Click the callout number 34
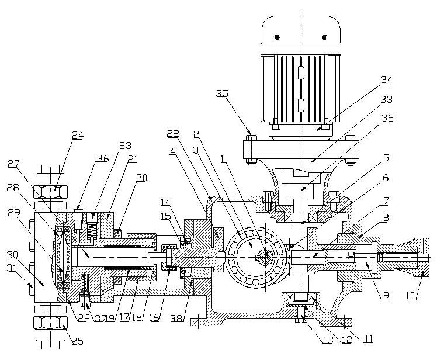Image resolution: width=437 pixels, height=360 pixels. coord(386,80)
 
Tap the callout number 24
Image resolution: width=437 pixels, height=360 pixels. coord(78,135)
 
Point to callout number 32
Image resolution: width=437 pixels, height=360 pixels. coord(387,119)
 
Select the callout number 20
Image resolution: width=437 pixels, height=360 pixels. coord(141,178)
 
